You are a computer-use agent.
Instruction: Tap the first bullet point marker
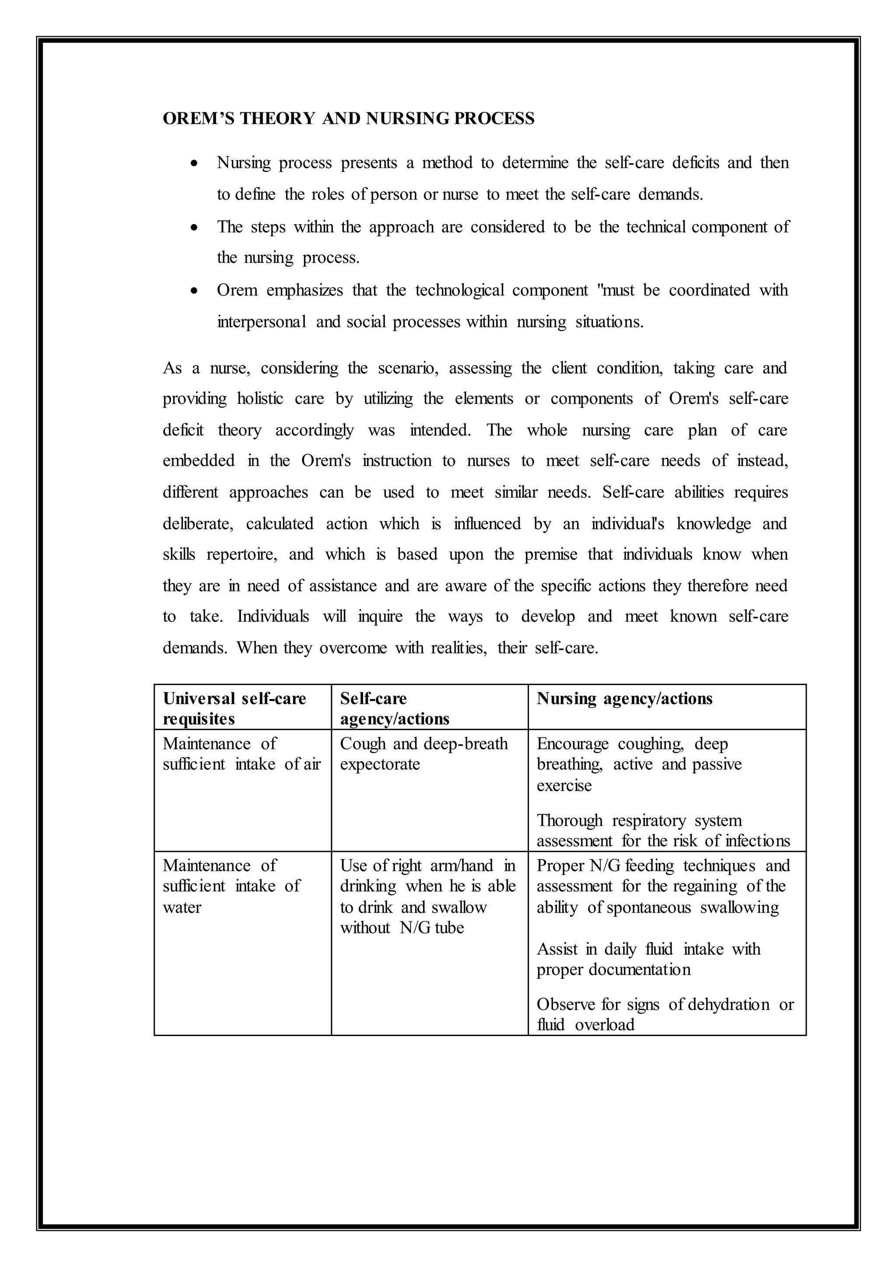(x=194, y=164)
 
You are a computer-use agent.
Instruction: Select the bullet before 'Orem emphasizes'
(x=194, y=291)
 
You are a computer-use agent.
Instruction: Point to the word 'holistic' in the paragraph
(x=260, y=399)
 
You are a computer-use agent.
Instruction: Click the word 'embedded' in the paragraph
(x=198, y=460)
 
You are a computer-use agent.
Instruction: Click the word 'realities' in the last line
(x=458, y=647)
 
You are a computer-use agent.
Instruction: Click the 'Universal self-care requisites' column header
(x=234, y=709)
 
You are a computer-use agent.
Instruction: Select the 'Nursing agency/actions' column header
(x=625, y=699)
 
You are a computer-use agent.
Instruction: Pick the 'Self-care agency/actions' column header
(x=395, y=709)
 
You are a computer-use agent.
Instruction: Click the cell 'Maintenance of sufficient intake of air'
(x=241, y=754)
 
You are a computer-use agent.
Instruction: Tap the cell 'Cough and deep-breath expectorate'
(x=424, y=754)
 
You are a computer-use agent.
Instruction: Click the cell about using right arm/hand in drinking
(x=427, y=896)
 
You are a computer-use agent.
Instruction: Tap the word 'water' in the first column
(x=182, y=907)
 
